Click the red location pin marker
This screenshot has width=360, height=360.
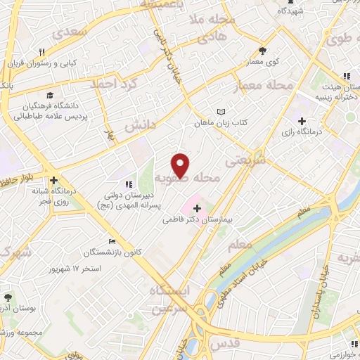181,165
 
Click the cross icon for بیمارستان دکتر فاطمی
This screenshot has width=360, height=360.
196,208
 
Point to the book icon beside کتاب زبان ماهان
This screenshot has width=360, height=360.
222,112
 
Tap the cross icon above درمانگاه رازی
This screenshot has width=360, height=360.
302,121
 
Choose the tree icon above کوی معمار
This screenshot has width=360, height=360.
263,51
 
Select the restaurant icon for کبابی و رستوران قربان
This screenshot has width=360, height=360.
43,51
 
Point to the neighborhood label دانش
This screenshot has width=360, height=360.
139,124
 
